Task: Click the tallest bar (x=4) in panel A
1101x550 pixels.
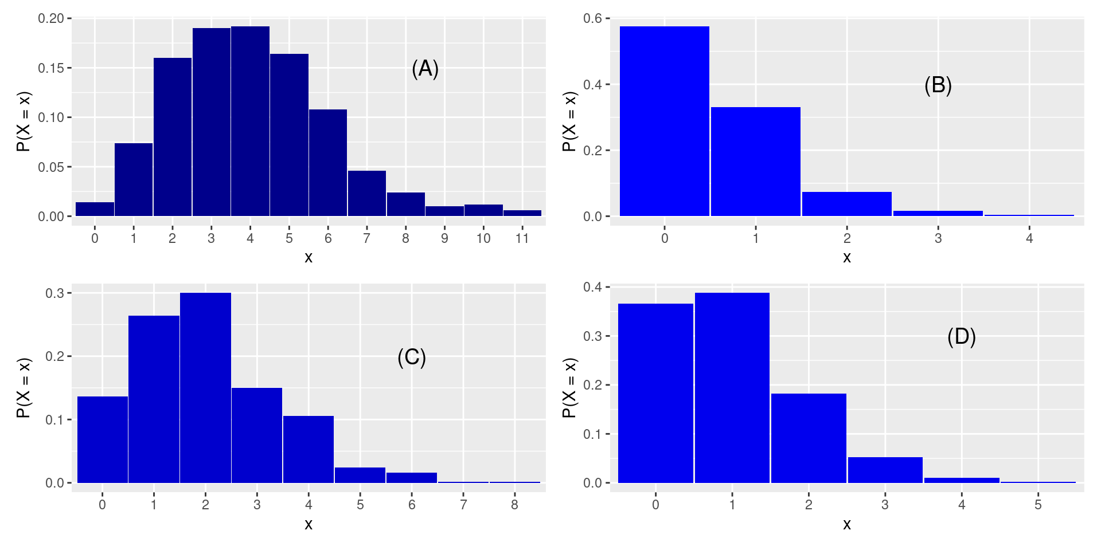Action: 250,121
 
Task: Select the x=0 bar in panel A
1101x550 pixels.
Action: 95,210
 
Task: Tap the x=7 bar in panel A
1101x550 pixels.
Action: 366,194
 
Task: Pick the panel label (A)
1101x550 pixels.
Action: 425,69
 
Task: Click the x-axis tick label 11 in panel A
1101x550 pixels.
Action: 522,238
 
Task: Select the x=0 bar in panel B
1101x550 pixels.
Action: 664,121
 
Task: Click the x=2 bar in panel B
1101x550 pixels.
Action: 846,204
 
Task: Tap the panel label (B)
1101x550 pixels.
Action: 938,85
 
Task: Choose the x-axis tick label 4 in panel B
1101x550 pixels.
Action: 1029,238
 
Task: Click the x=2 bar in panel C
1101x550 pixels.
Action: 205,388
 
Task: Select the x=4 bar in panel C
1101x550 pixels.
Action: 309,450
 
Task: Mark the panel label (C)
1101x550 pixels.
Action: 411,357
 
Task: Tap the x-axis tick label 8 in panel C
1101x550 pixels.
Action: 514,505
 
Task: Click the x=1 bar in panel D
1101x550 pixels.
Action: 732,388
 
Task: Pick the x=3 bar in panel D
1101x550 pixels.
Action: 885,470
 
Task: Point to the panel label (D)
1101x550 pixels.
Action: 961,336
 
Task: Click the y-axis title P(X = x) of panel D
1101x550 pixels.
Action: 569,388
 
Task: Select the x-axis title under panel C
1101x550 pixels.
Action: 309,524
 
